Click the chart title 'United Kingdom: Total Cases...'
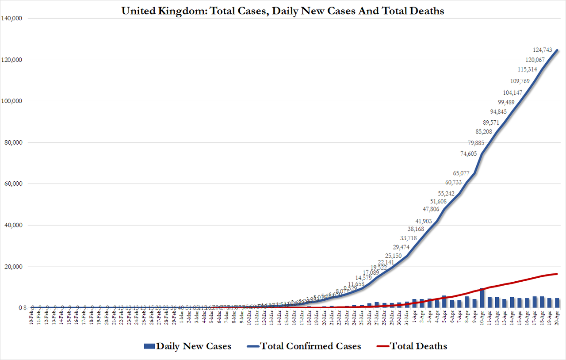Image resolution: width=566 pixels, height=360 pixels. pos(283,11)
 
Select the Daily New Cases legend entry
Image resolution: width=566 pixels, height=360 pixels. pos(187,346)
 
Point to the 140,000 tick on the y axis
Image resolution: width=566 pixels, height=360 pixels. pos(14,18)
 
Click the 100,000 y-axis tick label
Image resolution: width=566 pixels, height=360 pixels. pos(14,101)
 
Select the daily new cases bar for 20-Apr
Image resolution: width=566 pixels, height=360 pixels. pos(557,303)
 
